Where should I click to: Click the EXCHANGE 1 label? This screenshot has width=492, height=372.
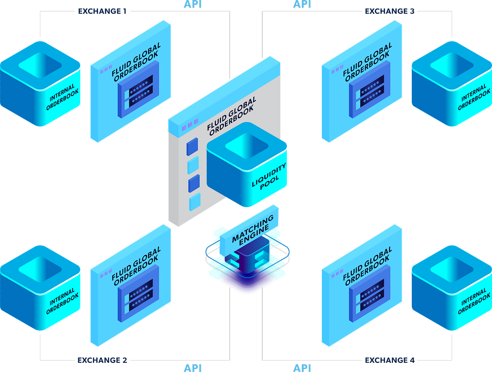point(102,12)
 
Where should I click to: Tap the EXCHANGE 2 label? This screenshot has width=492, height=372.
point(102,360)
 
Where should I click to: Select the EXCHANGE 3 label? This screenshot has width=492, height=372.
point(390,12)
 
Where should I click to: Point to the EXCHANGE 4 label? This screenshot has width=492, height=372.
point(390,360)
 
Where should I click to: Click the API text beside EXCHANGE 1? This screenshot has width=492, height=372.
point(193,4)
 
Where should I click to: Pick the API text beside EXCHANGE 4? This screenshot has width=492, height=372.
point(302,368)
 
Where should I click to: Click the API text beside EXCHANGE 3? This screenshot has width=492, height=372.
point(302,4)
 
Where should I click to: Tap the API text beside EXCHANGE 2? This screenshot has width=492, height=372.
point(193,368)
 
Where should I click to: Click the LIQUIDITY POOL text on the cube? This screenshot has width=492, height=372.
point(269,176)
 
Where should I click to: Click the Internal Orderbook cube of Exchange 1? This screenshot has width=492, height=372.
point(40,84)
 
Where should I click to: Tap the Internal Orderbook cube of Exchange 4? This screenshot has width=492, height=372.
point(452,287)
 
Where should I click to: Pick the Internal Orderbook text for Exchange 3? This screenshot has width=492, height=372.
point(474,97)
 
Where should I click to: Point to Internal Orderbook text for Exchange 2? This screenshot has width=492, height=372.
point(62,301)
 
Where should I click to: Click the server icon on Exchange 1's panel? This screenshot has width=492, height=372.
point(138,89)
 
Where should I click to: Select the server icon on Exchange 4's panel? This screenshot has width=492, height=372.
point(369,294)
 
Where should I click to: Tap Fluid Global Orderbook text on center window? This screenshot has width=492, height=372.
point(232,116)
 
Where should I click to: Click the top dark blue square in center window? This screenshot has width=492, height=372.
point(192,147)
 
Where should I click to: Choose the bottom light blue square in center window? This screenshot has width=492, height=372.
point(195,202)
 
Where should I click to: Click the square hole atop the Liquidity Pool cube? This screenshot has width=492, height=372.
point(246,146)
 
